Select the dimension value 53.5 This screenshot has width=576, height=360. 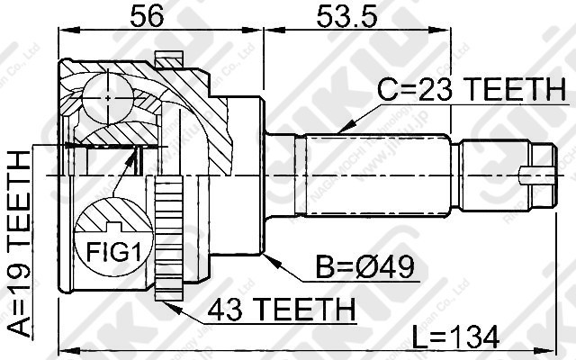pos(344,17)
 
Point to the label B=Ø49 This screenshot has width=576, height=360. pos(364,268)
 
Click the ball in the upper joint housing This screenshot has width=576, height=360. pos(106,93)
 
